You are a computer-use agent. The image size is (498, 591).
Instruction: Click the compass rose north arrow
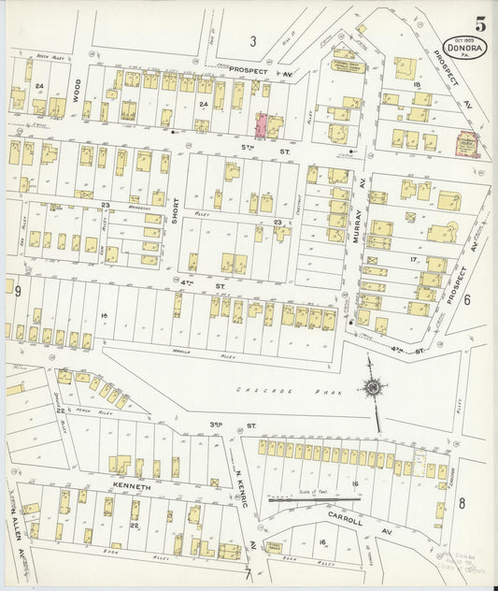[374, 388]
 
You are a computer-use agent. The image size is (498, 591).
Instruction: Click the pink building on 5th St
[262, 123]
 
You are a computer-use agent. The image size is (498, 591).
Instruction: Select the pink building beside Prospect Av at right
[465, 144]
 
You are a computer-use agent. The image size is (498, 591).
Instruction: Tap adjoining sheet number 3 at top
[252, 40]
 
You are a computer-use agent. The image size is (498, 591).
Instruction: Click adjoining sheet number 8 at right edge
[462, 503]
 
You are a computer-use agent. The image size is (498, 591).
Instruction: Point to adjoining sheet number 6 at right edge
[466, 300]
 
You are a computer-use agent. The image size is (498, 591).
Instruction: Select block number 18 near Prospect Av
[417, 85]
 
